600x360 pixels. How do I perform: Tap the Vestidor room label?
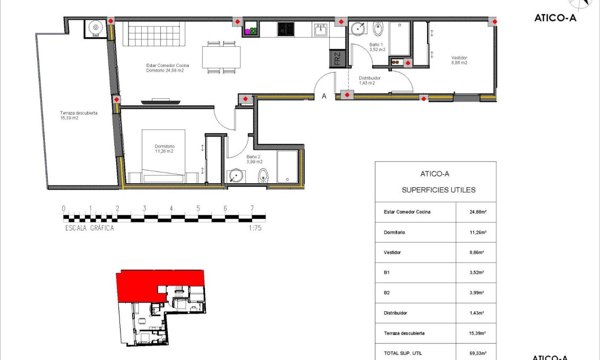click(459, 60)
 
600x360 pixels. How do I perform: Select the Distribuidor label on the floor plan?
click(370, 80)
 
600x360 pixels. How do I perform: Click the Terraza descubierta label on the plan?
click(78, 115)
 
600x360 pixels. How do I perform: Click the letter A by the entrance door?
click(324, 96)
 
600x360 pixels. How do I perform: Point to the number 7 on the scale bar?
click(252, 208)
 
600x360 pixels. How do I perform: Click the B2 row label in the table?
click(387, 293)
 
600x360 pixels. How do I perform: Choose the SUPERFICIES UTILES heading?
click(439, 190)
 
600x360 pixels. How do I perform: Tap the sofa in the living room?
click(151, 35)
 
